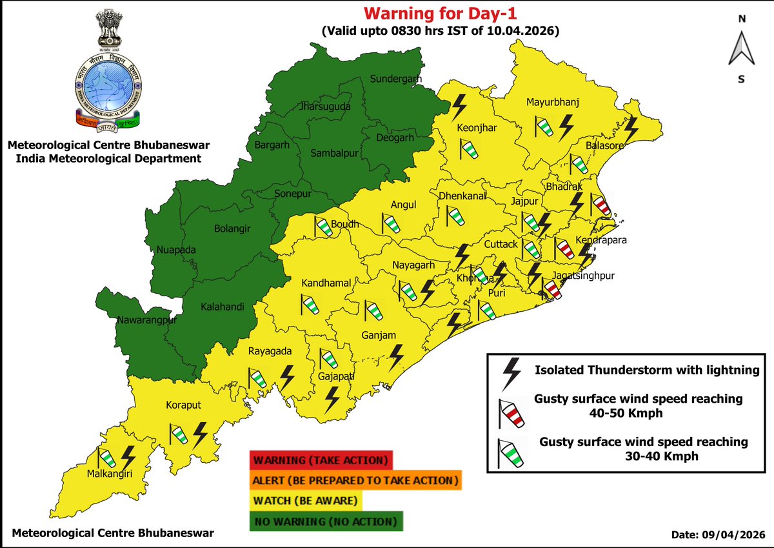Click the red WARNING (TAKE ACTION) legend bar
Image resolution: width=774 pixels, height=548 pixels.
point(321,461)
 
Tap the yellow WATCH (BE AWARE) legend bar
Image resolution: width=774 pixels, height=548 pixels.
point(306,500)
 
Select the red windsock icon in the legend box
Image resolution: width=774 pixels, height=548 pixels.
point(511,413)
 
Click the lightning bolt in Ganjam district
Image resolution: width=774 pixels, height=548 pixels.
point(396,357)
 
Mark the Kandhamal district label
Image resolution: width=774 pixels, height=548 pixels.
point(326,283)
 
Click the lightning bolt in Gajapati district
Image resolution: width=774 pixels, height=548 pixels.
point(333,400)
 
